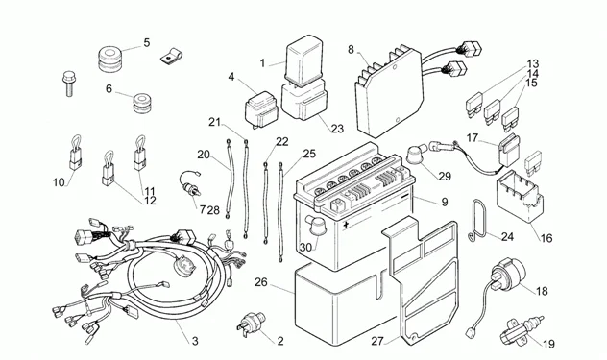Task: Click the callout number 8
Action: coord(351,49)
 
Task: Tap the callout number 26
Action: coord(262,282)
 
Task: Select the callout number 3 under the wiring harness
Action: coord(195,341)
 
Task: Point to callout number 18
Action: coord(542,291)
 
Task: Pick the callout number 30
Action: coord(304,247)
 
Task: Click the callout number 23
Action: coord(336,129)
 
